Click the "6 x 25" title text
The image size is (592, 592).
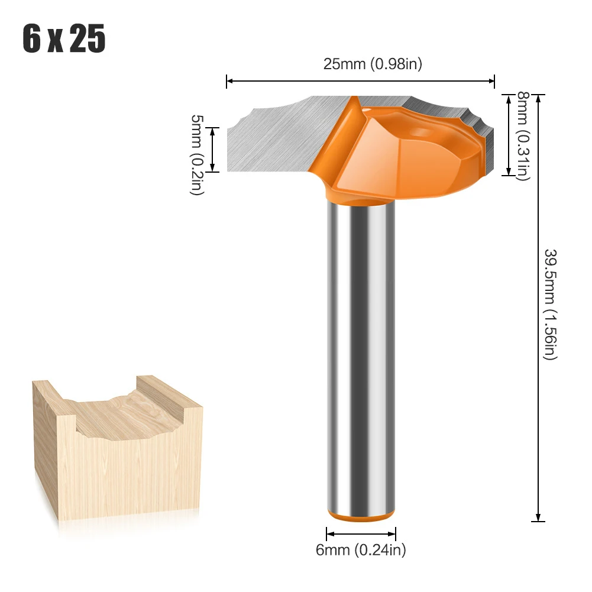coord(64,40)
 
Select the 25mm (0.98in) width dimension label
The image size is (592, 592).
coord(372,64)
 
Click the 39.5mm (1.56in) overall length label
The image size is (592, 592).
coord(551,304)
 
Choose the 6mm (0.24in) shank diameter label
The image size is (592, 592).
coord(361,550)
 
